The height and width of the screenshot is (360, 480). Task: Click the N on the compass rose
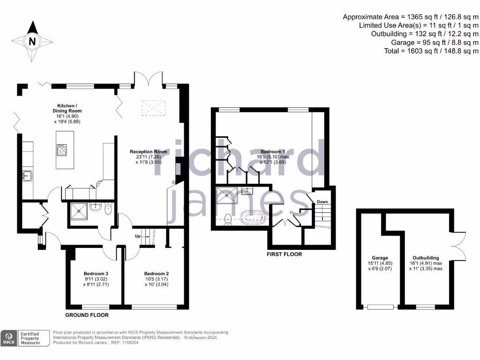(32, 41)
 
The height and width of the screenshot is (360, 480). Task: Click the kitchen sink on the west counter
(27, 176)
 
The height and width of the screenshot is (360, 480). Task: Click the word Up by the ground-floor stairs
(138, 236)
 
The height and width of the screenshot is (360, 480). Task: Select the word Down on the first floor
(322, 202)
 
